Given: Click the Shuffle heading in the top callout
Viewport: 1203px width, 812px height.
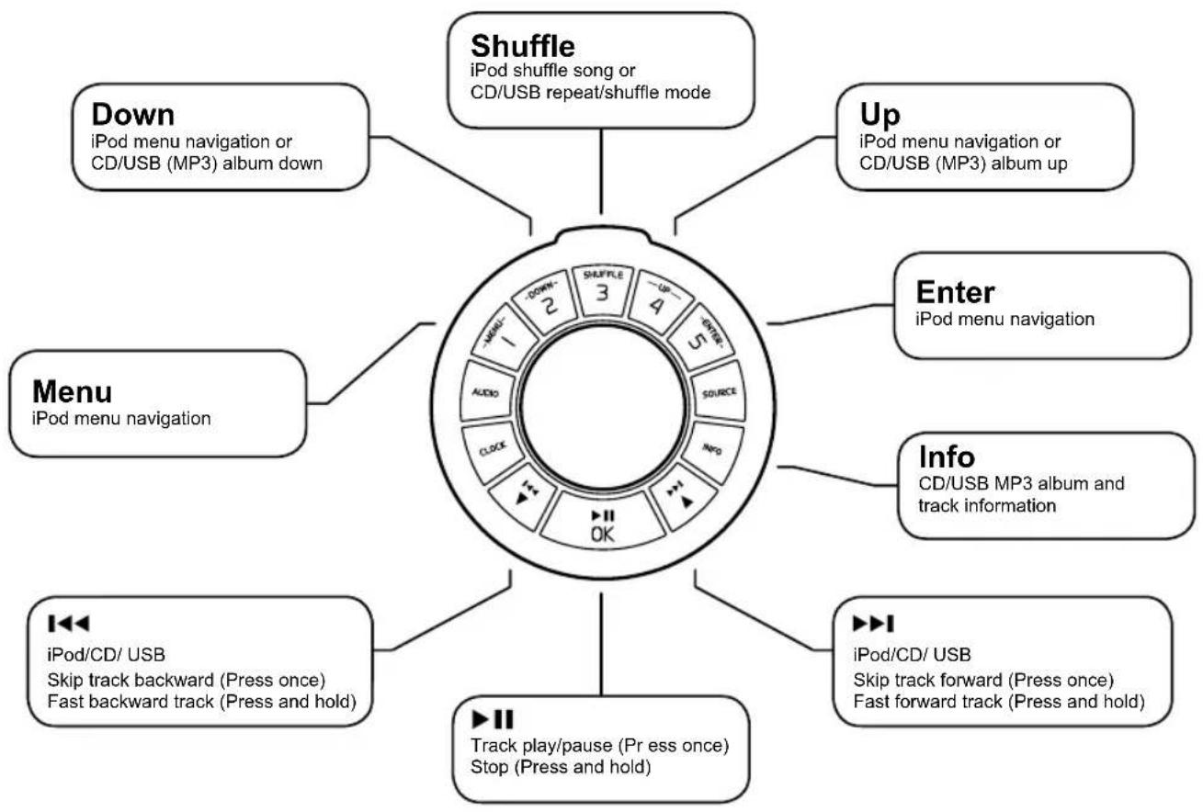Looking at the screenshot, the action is [523, 46].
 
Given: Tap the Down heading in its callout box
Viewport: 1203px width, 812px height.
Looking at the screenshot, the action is [132, 114].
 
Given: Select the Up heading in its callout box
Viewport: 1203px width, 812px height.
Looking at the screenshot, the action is [880, 116].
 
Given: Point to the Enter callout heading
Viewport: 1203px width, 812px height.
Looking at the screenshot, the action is [955, 292].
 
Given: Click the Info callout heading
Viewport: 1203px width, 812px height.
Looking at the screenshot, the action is [947, 457].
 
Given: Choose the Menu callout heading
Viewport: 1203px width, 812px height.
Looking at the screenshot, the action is [72, 391].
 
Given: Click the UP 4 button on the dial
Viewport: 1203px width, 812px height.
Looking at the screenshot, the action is [661, 300].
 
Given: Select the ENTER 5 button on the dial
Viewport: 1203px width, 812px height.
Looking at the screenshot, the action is [702, 337].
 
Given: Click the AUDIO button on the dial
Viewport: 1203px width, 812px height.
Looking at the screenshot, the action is [487, 391].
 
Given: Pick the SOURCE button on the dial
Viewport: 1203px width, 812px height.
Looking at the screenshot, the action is [718, 391].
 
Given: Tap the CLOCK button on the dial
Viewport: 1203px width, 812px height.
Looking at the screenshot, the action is [493, 450].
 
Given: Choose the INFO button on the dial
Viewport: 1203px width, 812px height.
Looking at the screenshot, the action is [712, 450].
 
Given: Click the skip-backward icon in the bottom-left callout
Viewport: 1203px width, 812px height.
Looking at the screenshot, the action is [68, 623].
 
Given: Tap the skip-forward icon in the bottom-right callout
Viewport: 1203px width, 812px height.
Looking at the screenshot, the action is [873, 623].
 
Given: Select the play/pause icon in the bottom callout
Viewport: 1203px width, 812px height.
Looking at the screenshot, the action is [493, 719].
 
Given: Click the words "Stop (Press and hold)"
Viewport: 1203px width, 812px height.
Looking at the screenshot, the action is [561, 767].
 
